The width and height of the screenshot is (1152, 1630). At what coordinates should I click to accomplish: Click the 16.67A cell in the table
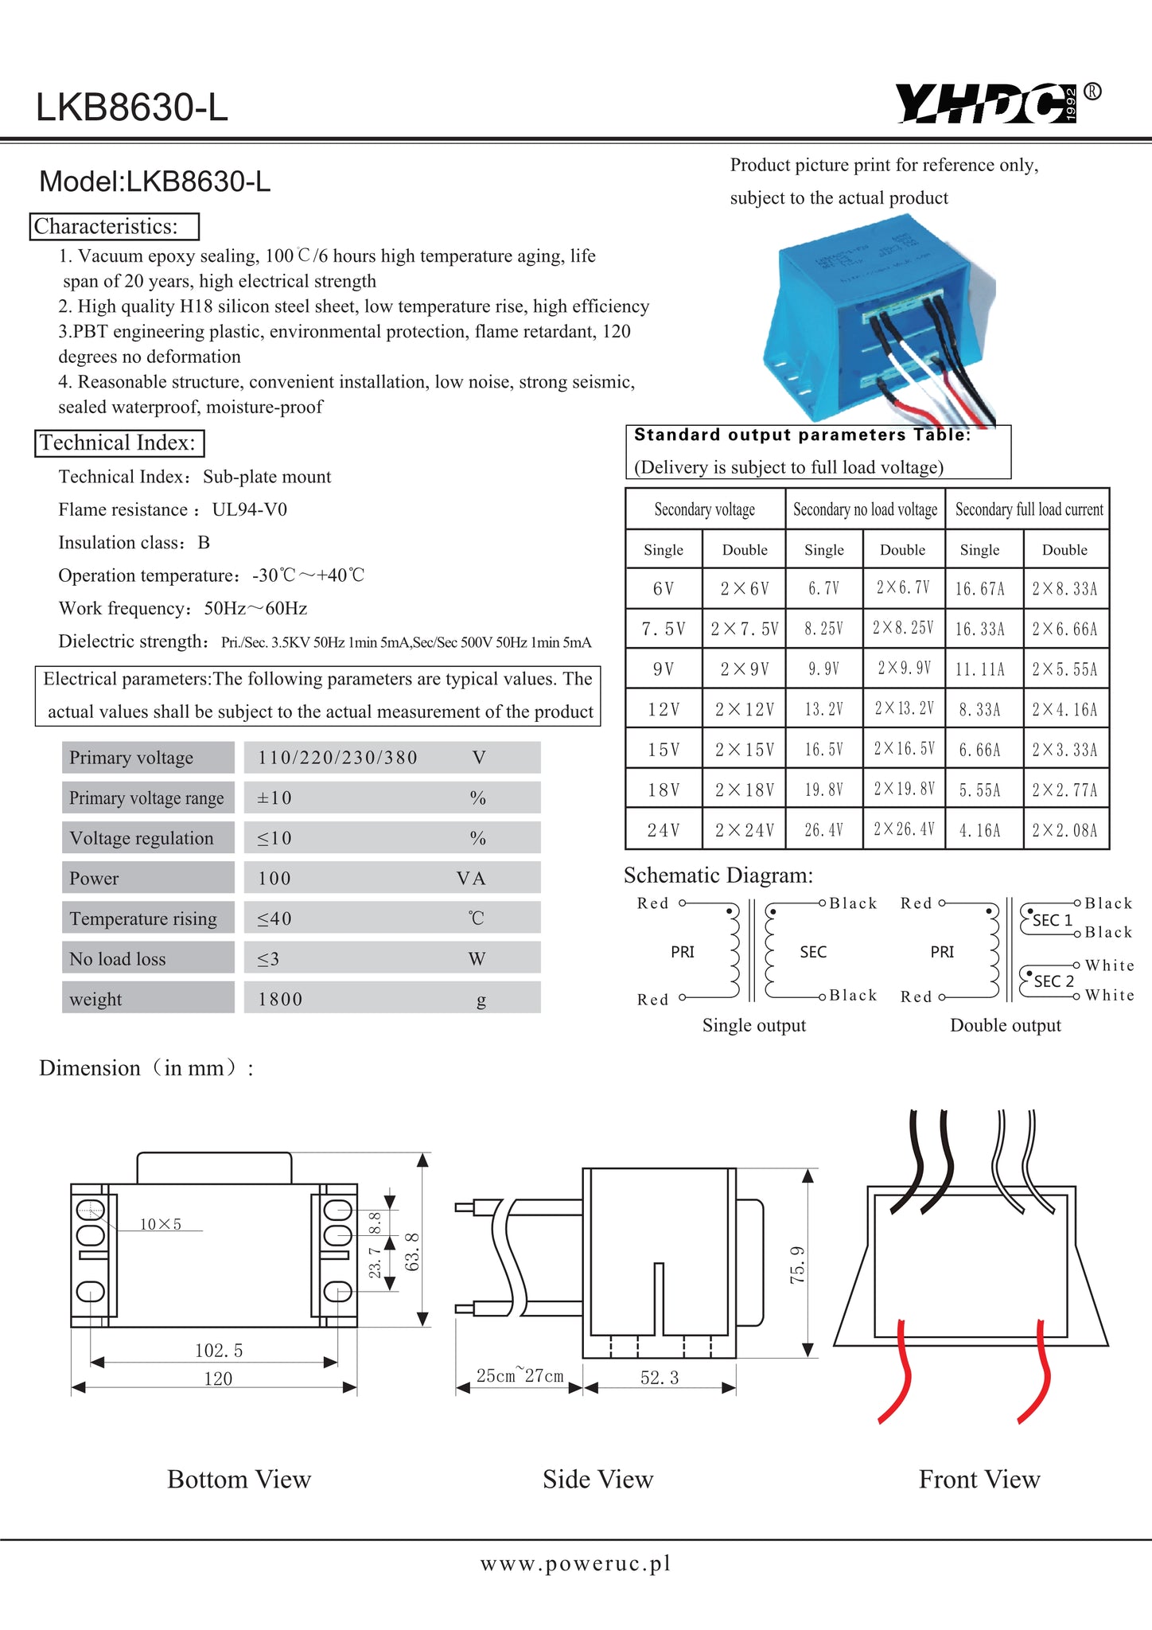[x=980, y=589]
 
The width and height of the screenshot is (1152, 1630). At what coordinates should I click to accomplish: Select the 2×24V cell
[x=744, y=830]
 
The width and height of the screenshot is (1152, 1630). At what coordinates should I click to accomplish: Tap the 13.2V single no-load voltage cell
[x=823, y=709]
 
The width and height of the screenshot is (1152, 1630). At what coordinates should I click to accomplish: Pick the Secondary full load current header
[x=1029, y=509]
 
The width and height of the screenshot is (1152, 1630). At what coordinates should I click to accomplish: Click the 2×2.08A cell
[x=1064, y=830]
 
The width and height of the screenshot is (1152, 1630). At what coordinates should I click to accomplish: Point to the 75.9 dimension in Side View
[x=797, y=1265]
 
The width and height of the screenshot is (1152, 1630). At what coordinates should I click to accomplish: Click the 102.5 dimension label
[x=219, y=1350]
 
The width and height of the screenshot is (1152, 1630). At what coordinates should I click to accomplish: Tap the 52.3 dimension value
[x=660, y=1378]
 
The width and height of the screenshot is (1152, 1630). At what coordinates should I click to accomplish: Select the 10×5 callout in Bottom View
[x=161, y=1224]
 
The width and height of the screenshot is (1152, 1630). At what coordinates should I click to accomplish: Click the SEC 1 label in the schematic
[x=1053, y=921]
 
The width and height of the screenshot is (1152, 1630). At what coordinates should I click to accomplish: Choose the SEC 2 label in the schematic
[x=1053, y=981]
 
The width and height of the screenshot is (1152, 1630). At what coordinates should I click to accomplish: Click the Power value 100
[x=274, y=879]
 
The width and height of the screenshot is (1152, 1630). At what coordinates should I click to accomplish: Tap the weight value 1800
[x=280, y=999]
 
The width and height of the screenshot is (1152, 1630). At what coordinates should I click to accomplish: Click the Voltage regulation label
[x=142, y=838]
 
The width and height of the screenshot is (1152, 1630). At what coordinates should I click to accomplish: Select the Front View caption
[x=979, y=1479]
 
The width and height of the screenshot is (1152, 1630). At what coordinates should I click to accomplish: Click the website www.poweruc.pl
[x=576, y=1563]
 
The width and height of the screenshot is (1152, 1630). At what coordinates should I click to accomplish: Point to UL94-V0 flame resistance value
[x=250, y=509]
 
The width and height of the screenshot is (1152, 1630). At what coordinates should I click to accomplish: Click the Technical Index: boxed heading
[x=119, y=443]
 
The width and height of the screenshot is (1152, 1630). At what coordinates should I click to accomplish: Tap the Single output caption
[x=754, y=1025]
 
